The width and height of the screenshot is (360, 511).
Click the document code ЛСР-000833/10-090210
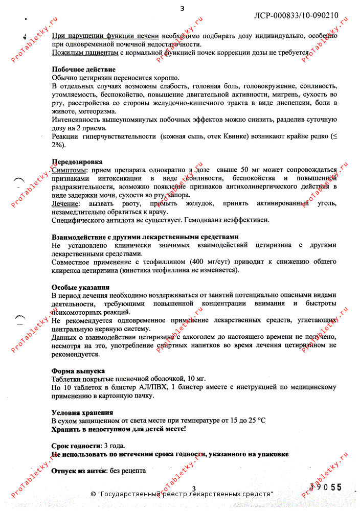tap(296, 15)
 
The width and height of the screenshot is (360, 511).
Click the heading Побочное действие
tap(83, 69)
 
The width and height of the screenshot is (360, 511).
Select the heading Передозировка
tap(77, 161)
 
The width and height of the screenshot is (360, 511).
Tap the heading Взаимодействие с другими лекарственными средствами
tap(145, 237)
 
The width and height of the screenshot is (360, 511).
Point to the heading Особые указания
tap(80, 287)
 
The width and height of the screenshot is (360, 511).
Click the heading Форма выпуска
tap(78, 370)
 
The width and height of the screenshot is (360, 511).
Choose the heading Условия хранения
tap(82, 412)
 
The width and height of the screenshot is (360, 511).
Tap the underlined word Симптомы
tap(69, 170)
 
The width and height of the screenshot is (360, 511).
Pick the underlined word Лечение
tap(65, 203)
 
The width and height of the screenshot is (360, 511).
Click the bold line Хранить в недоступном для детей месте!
tap(119, 429)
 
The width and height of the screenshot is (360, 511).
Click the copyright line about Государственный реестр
tap(182, 494)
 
